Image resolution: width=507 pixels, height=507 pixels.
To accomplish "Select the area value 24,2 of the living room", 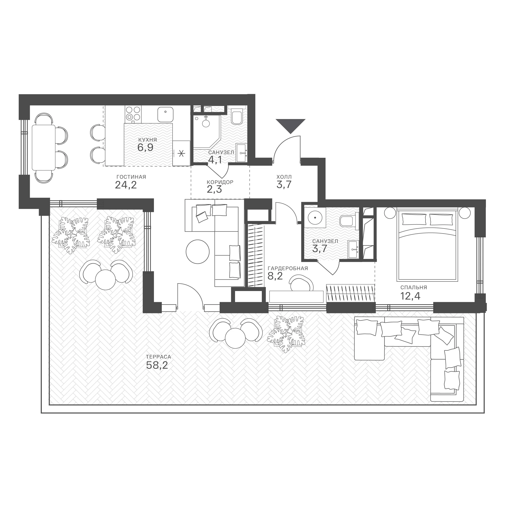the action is point(126,185).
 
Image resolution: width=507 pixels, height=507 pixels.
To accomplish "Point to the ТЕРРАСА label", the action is point(159,357).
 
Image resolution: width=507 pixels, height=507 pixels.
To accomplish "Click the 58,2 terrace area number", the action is point(157,365).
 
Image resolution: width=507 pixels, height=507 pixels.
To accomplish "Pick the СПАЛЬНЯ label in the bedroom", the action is point(414,287).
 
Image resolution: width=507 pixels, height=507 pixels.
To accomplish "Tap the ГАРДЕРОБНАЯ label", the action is point(288,269).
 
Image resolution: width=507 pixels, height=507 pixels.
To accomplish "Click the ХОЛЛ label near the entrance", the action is point(284,177).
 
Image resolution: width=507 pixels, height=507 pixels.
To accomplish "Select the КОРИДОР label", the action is point(220,182).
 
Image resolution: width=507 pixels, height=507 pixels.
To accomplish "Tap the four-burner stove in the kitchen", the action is point(133,114).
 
